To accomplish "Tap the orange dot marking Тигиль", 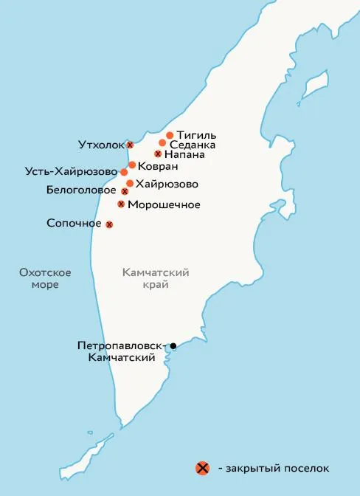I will pos(170,135).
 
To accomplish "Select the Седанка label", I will pos(193,145).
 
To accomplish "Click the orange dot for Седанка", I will pos(162,143).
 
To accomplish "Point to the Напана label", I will pos(184,155).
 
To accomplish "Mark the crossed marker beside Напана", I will pos(158,154).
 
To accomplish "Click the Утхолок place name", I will pos(101,145).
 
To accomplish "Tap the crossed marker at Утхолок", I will pos(130,145).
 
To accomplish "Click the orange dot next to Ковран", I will pos(132,165).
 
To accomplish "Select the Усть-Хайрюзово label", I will pos(72,173).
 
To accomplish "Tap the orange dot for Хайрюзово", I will pos(130,183).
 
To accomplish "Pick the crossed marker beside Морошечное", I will pos(121,204).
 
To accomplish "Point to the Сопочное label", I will pos(74,222).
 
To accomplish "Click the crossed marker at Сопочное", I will pos(109,224).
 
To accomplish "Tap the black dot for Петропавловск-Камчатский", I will pos(173,345).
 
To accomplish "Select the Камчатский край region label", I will pos(156,278).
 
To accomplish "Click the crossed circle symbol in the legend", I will pos(201,468).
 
